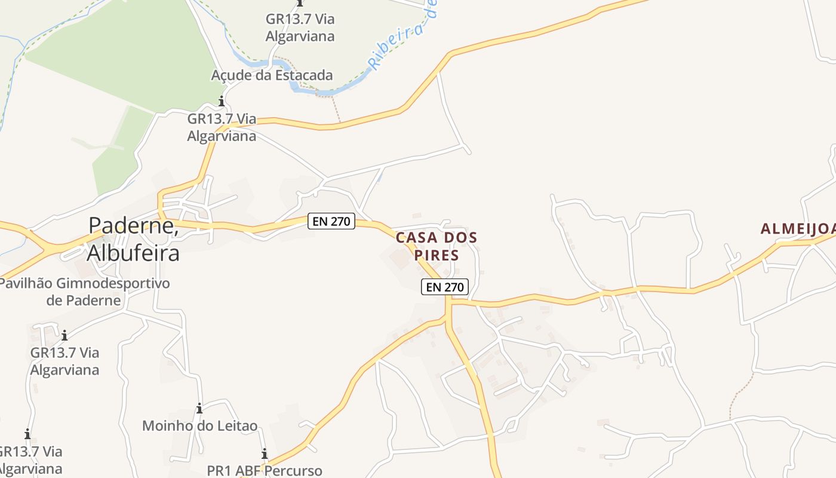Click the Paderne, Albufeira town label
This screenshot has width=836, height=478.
click(133, 238)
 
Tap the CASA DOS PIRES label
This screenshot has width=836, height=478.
click(437, 246)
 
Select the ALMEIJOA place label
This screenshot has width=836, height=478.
click(798, 228)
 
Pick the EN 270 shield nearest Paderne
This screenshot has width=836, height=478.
click(332, 220)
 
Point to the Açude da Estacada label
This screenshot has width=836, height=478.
click(272, 75)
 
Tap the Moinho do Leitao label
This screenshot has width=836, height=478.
click(199, 426)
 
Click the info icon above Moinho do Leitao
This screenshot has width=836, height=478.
click(199, 409)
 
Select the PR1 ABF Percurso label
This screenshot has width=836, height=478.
click(265, 470)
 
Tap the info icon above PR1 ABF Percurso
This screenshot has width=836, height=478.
click(265, 454)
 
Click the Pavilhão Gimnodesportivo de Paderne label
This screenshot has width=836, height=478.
click(84, 291)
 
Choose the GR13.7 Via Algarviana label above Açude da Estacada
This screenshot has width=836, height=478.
click(300, 27)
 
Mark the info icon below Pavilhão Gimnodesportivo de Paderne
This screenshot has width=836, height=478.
click(64, 335)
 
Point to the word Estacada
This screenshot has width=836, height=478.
click(303, 75)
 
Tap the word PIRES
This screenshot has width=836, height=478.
click(437, 255)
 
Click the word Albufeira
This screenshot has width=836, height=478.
click(133, 252)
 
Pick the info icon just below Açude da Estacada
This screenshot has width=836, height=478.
click(222, 101)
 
